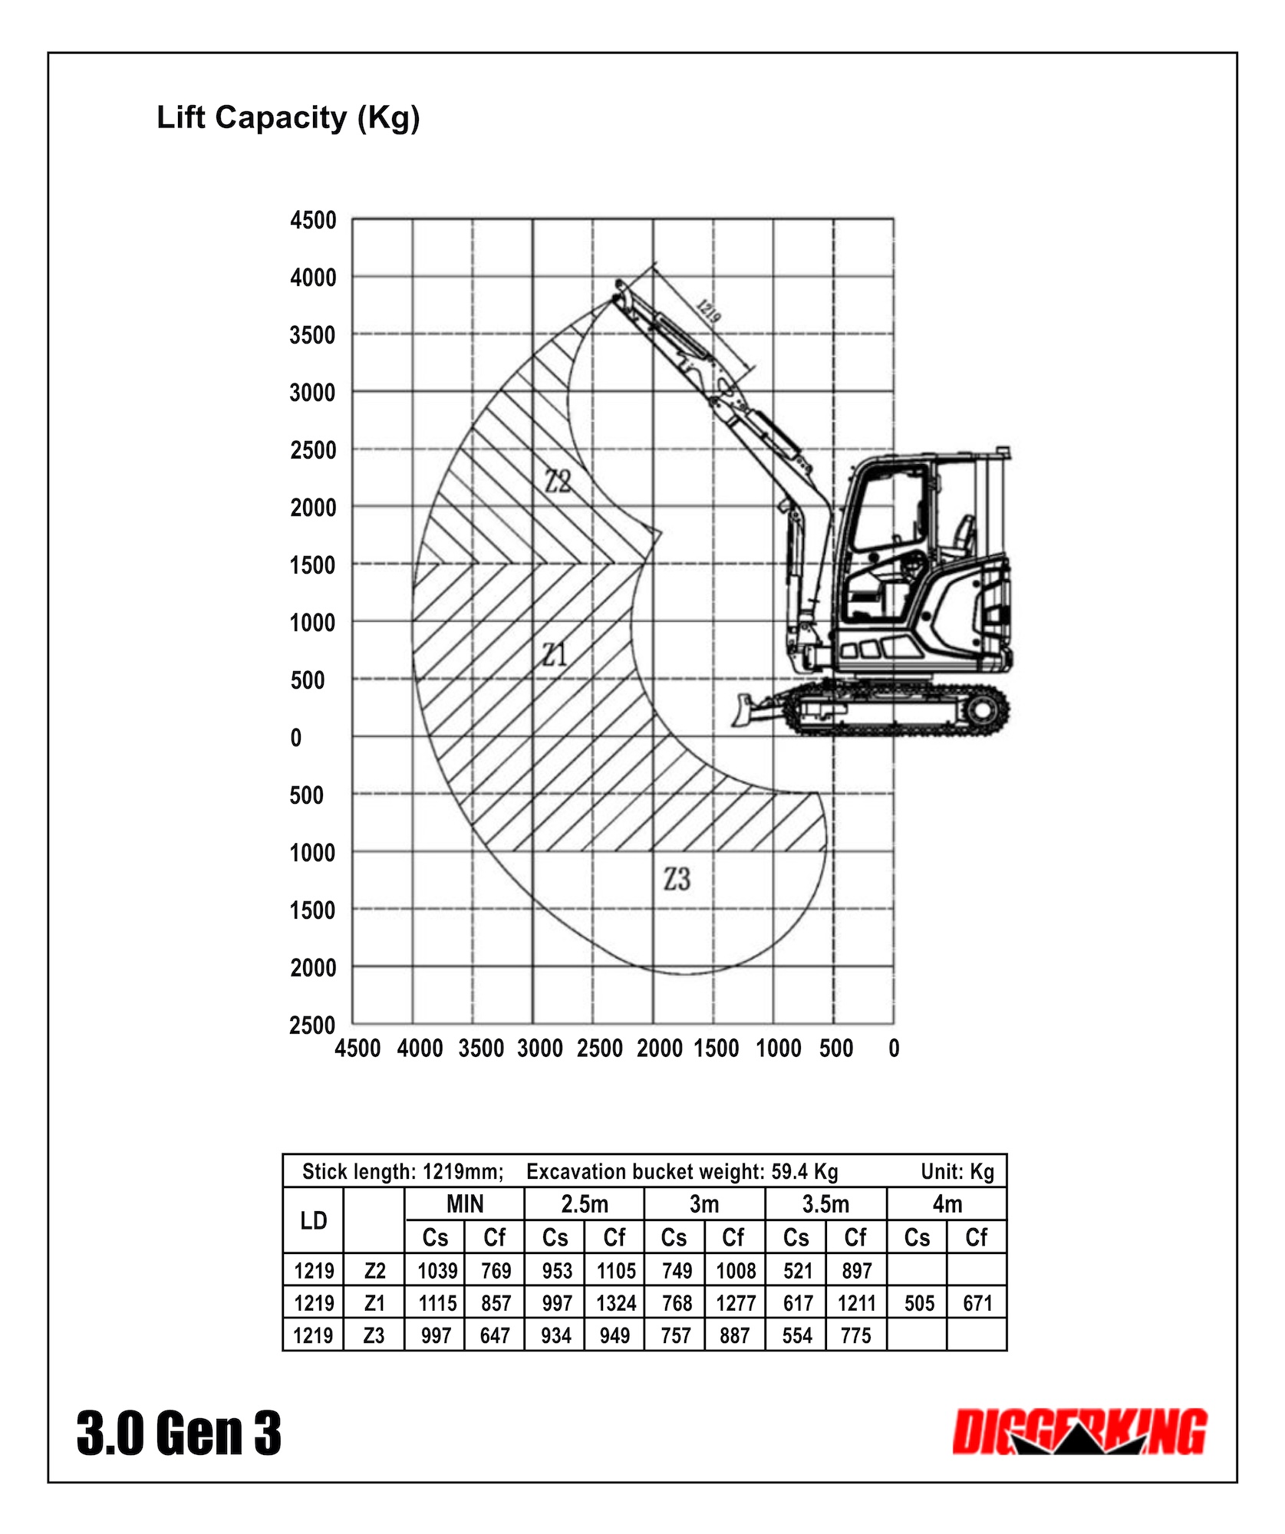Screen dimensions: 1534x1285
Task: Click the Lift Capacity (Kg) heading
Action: click(x=288, y=118)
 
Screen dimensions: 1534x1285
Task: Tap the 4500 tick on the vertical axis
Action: click(x=313, y=221)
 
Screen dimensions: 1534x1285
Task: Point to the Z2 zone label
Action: click(x=558, y=482)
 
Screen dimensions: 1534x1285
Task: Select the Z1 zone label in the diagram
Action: click(x=554, y=655)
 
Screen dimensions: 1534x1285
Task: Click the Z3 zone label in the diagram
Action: click(x=677, y=879)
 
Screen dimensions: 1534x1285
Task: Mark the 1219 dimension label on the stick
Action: click(x=708, y=310)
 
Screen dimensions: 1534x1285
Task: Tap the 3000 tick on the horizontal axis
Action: click(x=540, y=1048)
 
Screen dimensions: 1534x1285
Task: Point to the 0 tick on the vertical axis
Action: click(x=296, y=738)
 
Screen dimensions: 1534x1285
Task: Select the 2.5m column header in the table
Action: click(x=584, y=1204)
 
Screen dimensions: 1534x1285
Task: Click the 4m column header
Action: click(x=947, y=1204)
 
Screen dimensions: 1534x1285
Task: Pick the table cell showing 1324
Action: click(x=616, y=1303)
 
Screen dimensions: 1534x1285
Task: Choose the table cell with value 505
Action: click(x=918, y=1303)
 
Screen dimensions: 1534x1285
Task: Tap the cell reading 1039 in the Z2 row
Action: click(x=437, y=1271)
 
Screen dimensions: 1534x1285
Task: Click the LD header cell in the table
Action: click(x=313, y=1220)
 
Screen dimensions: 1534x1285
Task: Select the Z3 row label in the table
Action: click(x=374, y=1335)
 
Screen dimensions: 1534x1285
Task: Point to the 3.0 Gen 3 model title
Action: click(x=179, y=1433)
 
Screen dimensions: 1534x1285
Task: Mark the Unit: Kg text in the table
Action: click(x=957, y=1172)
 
